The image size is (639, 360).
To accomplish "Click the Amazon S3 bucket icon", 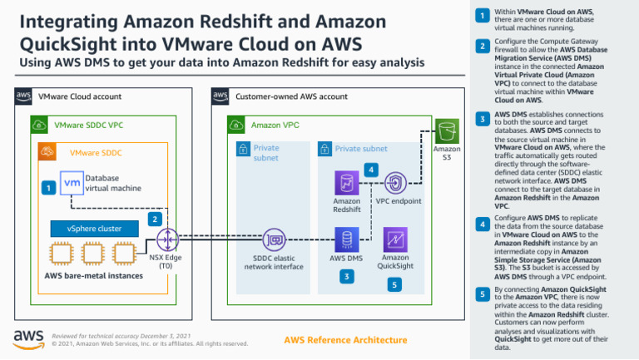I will [x=448, y=131].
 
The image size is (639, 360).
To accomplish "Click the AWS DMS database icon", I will [x=346, y=240].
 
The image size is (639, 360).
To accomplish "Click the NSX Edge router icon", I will [x=169, y=240].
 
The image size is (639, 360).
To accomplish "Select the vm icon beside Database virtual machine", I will [x=72, y=183].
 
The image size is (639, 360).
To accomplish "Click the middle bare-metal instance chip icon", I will [x=92, y=254].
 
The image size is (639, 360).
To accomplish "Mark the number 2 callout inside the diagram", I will [x=154, y=219].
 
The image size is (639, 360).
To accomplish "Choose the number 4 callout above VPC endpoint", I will [x=372, y=170].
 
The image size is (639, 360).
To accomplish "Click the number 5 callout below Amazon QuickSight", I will [x=396, y=284].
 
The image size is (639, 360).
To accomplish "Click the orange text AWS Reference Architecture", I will [x=346, y=340].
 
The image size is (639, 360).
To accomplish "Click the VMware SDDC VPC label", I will [x=88, y=126].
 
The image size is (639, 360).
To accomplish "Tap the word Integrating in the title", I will [x=62, y=21].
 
